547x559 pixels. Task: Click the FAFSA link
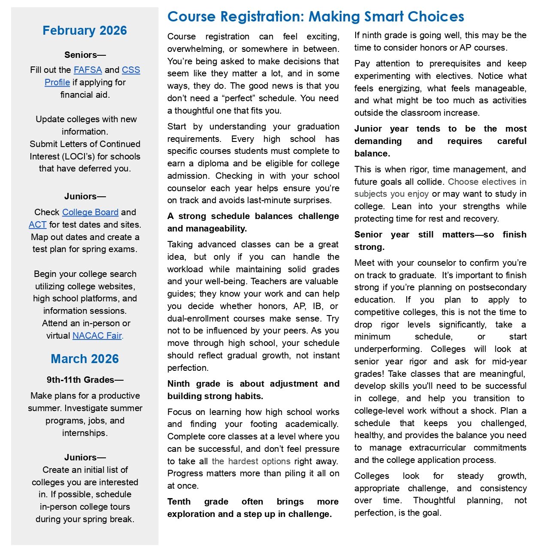[x=88, y=70]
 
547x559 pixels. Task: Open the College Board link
[x=90, y=212]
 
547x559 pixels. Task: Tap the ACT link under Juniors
[x=37, y=225]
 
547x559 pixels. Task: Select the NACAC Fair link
[x=97, y=336]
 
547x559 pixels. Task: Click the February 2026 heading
[x=85, y=30]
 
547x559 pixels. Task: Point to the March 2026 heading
[x=85, y=359]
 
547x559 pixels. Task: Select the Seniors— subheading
[x=85, y=55]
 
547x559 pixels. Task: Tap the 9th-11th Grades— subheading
[x=85, y=380]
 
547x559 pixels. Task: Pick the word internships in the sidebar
[x=84, y=433]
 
